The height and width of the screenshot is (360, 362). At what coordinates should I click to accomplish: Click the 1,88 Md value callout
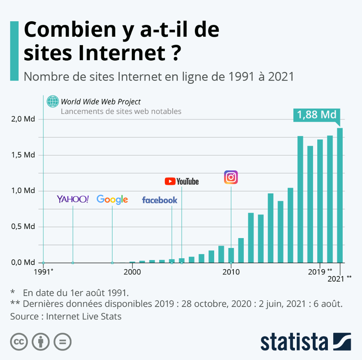pos(317,115)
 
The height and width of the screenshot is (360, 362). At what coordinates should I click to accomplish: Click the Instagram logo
pos(231,177)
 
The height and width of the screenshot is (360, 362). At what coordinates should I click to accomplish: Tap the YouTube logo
pos(182,182)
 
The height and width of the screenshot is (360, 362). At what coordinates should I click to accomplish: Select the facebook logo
pos(160,200)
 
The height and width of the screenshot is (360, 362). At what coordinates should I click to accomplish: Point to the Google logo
pos(112,199)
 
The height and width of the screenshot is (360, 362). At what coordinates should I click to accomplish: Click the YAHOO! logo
pos(73,199)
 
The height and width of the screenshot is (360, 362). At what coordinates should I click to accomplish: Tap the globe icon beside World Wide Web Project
pos(53,101)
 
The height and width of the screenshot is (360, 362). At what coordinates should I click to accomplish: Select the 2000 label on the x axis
pos(132,272)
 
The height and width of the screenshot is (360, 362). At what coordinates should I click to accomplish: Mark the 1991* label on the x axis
pos(43,272)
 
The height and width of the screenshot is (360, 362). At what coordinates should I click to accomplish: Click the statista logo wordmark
pos(294,341)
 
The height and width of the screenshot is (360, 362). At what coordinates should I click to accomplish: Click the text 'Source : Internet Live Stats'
pos(66,316)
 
